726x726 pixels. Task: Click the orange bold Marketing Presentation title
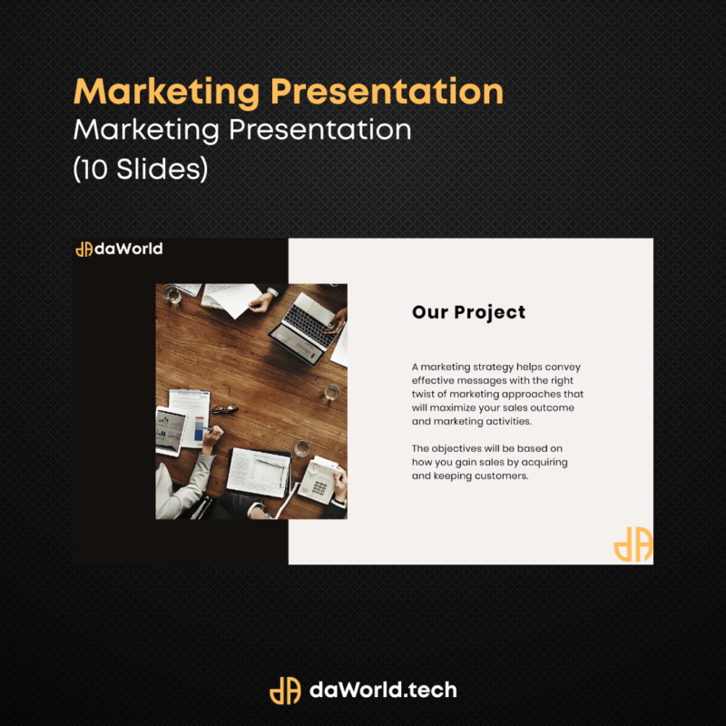click(288, 93)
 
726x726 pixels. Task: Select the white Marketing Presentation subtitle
click(242, 130)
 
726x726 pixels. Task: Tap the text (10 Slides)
click(141, 169)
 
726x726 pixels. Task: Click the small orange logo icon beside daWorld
click(83, 249)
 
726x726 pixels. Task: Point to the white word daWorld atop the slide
click(128, 249)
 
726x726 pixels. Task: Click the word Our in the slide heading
click(430, 312)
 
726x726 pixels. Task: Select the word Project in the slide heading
click(490, 313)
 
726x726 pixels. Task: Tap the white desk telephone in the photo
click(320, 479)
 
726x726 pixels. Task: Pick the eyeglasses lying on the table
click(225, 409)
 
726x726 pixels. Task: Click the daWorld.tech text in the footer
click(383, 690)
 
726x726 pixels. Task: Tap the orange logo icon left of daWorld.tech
click(285, 691)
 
